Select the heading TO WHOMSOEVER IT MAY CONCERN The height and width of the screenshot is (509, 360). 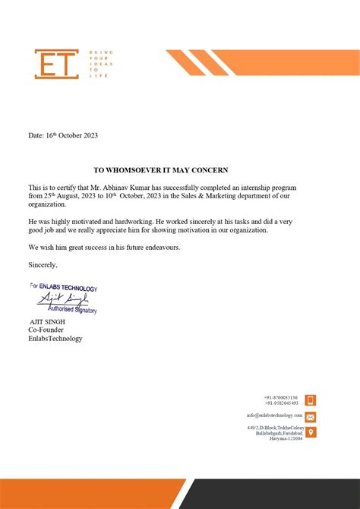point(160,170)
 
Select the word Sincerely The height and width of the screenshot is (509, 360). point(43,265)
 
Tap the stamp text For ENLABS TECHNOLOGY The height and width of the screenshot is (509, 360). point(64,288)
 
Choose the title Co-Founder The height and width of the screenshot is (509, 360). point(46,330)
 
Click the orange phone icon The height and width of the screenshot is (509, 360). point(311,400)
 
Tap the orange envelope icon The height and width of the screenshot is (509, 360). point(311,416)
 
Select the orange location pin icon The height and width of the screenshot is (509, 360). point(311,432)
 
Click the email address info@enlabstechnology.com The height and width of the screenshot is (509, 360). point(274,416)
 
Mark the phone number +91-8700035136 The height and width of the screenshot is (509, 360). point(281,397)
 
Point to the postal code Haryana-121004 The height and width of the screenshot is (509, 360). point(286,438)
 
